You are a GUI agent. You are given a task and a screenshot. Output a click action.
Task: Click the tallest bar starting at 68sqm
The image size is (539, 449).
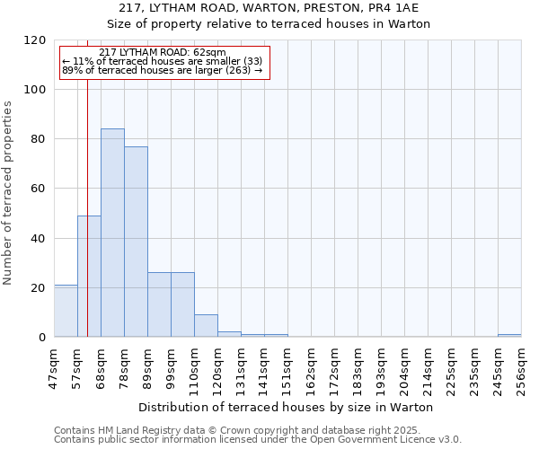112,233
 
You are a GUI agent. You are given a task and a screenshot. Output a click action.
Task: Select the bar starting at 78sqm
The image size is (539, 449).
136,242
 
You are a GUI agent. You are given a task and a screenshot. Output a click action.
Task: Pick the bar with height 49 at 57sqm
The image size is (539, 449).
89,277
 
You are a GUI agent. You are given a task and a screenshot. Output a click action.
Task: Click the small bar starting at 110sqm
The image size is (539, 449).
206,326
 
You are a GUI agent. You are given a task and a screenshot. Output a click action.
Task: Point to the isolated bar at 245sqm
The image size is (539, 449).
509,335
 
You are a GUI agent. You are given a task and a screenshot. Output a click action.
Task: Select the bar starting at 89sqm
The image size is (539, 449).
159,304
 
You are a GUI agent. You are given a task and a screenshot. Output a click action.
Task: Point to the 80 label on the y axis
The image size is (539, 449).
39,139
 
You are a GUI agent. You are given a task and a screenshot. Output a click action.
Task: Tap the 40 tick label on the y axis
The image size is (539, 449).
39,239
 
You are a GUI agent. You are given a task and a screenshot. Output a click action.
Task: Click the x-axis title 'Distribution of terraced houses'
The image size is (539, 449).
287,407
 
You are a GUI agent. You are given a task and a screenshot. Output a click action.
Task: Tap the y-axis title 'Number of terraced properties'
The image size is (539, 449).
8,192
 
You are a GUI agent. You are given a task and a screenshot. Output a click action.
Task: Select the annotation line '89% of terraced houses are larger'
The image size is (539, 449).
163,70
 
